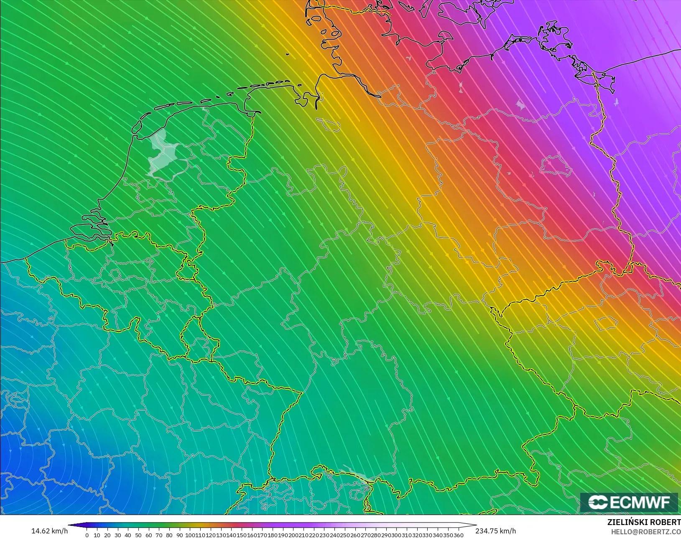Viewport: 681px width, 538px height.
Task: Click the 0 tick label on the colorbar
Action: pyautogui.click(x=87, y=535)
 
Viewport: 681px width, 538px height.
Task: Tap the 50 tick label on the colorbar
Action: pyautogui.click(x=138, y=535)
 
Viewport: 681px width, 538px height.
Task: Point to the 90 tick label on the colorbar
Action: pyautogui.click(x=180, y=535)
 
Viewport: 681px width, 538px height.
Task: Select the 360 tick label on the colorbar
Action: pyautogui.click(x=459, y=535)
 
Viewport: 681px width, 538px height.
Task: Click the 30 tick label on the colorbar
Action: pyautogui.click(x=117, y=535)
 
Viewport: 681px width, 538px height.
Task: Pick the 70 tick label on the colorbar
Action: pyautogui.click(x=159, y=535)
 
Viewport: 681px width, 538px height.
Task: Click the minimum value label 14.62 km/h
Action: pyautogui.click(x=49, y=531)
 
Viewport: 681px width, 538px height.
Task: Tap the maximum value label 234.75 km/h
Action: pyautogui.click(x=495, y=531)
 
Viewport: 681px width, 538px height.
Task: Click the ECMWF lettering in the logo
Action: pyautogui.click(x=640, y=502)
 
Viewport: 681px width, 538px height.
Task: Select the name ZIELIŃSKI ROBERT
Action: pyautogui.click(x=644, y=523)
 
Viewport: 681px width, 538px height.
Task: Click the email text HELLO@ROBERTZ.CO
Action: pyautogui.click(x=646, y=532)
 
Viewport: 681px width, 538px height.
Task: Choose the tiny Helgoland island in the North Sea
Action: pyautogui.click(x=288, y=54)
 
